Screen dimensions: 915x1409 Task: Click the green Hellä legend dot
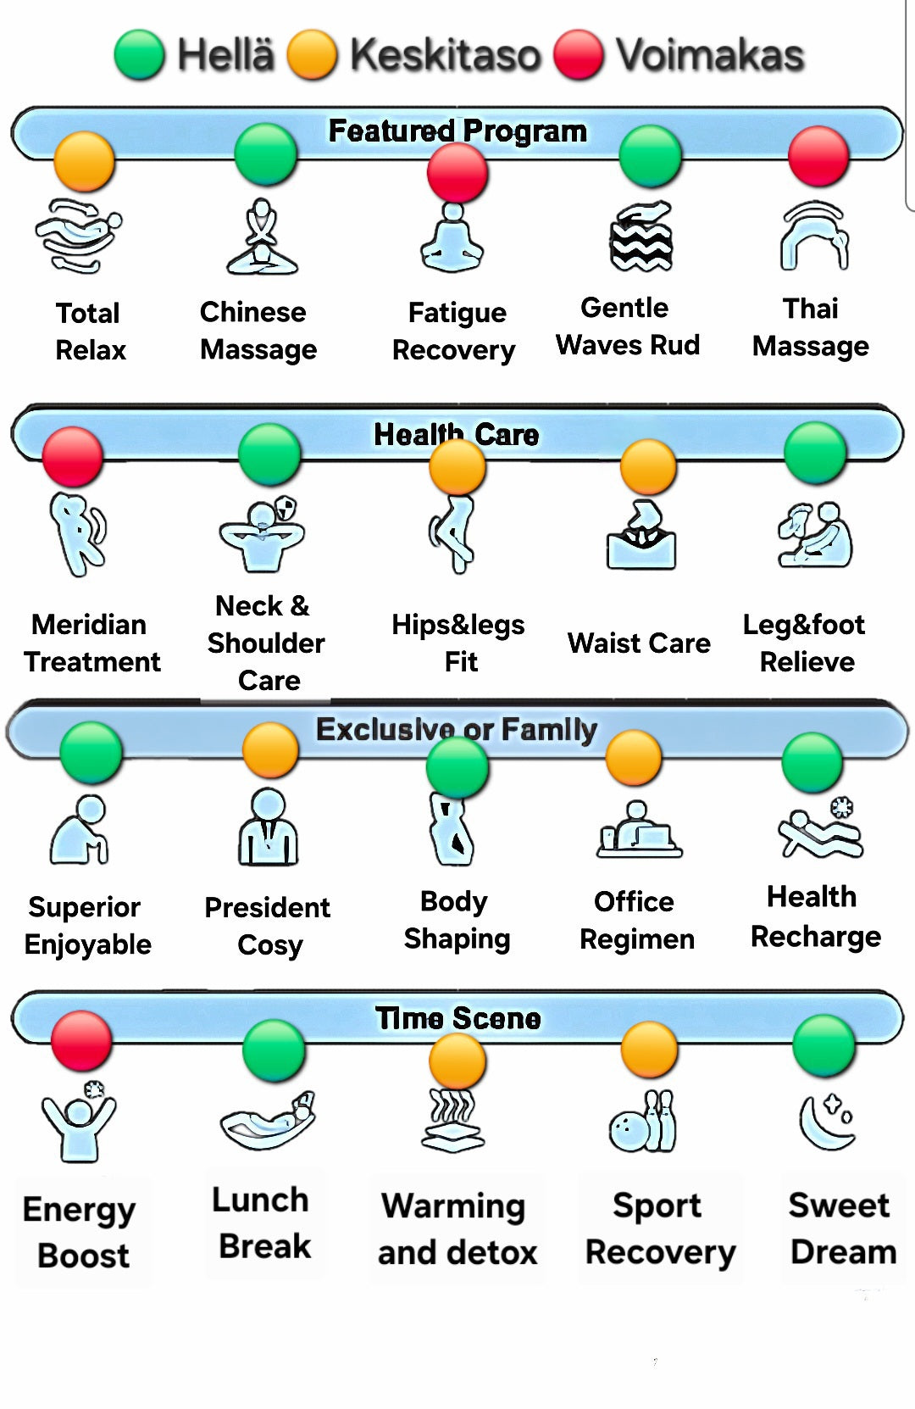(x=140, y=55)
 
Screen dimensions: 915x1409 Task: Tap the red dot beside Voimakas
(x=579, y=55)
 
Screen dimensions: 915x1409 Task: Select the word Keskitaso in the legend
(x=445, y=55)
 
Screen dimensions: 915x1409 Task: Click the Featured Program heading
(x=457, y=131)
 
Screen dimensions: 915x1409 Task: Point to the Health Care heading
(x=457, y=434)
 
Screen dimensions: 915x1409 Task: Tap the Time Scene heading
(x=457, y=1017)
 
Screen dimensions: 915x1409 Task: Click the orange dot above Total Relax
(x=84, y=162)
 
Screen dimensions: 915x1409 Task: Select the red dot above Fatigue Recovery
(x=457, y=173)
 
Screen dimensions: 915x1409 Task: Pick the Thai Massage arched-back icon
(x=814, y=235)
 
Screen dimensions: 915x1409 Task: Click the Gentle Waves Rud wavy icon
(x=641, y=236)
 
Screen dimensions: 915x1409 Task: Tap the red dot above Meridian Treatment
(x=72, y=457)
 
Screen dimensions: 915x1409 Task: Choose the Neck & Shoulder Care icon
(x=263, y=534)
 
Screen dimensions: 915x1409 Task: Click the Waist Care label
(x=639, y=643)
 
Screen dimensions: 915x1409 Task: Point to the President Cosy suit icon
(x=269, y=827)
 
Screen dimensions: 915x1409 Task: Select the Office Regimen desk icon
(x=639, y=829)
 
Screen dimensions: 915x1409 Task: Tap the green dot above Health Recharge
(x=812, y=762)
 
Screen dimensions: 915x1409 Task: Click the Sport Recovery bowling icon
(x=642, y=1122)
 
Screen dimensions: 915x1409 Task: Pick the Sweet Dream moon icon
(x=827, y=1122)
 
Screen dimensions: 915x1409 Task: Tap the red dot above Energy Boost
(x=81, y=1041)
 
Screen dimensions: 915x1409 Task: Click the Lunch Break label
(x=263, y=1222)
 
